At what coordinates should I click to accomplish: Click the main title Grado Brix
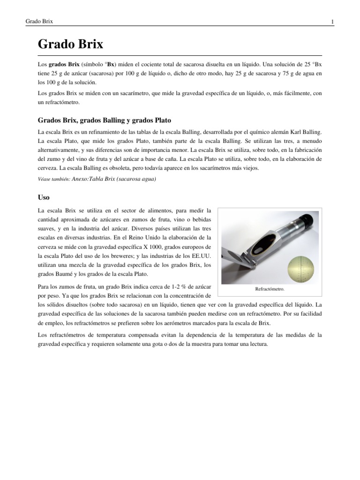click(70, 45)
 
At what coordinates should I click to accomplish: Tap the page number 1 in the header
click(332, 22)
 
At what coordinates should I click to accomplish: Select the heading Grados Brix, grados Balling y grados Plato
click(107, 120)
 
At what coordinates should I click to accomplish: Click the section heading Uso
click(44, 197)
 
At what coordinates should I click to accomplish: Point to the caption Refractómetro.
click(270, 289)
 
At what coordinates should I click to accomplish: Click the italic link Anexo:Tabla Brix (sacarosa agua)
click(114, 179)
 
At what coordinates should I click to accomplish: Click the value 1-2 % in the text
click(170, 286)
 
